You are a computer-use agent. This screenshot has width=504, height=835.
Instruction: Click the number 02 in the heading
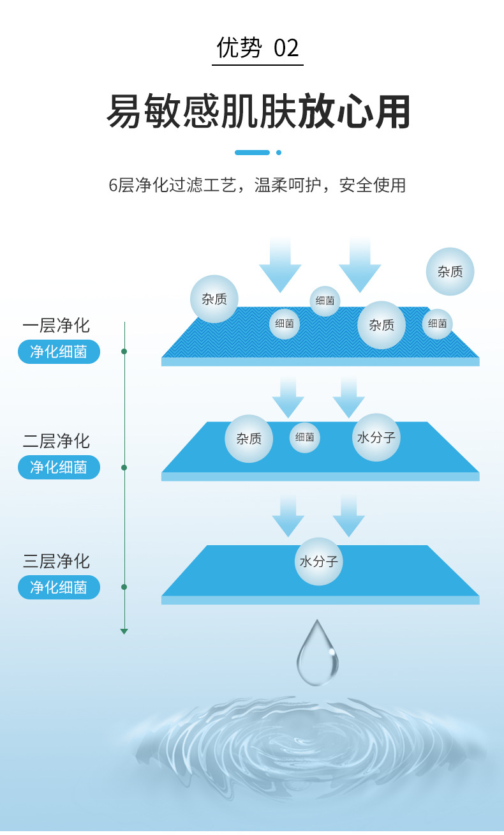[x=286, y=48]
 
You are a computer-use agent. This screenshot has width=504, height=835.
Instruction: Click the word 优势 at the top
[x=239, y=48]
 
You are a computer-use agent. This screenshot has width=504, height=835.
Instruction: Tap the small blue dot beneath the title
[x=279, y=153]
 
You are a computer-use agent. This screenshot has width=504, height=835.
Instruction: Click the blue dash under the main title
[x=252, y=153]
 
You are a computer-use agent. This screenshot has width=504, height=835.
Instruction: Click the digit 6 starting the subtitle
[x=114, y=186]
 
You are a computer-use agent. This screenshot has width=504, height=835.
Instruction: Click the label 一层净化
[x=56, y=326]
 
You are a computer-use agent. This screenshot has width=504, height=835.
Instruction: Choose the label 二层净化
[x=56, y=441]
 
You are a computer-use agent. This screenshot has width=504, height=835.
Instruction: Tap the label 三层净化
[x=56, y=562]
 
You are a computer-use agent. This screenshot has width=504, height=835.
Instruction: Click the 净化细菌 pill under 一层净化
[x=59, y=352]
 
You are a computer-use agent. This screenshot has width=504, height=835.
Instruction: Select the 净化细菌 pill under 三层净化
[x=59, y=587]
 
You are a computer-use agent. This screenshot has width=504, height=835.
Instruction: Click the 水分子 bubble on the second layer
[x=376, y=437]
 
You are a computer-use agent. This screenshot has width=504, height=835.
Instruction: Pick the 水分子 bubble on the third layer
[x=319, y=562]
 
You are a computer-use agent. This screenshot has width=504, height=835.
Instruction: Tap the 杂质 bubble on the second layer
[x=249, y=439]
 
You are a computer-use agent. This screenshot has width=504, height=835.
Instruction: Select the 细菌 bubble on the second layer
[x=305, y=438]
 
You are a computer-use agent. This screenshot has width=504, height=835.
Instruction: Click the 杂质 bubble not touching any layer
[x=450, y=271]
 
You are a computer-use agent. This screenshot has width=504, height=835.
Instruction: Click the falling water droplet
[x=317, y=654]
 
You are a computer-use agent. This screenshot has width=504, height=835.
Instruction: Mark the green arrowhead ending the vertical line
[x=124, y=631]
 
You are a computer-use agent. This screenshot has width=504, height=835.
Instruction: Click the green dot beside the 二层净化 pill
[x=124, y=467]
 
